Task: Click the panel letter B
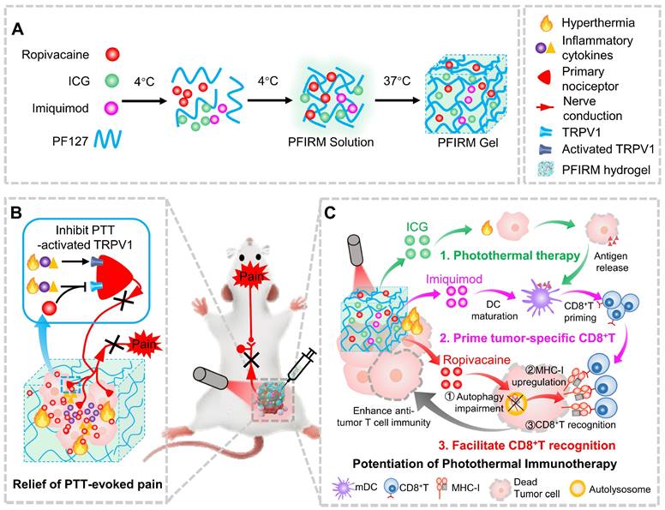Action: point(18,211)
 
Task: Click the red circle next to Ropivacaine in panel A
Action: point(112,55)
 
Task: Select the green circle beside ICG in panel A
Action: point(112,84)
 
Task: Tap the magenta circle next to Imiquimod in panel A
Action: point(112,111)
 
